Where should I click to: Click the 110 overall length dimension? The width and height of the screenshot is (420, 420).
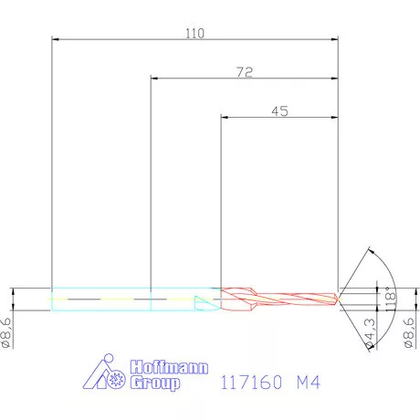194,33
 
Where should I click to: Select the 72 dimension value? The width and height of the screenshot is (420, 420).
244,71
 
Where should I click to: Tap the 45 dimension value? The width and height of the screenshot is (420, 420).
280,110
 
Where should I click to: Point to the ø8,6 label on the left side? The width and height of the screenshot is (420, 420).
7,331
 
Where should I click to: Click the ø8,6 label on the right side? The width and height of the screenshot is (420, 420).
409,331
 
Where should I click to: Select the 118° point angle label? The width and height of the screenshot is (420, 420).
390,298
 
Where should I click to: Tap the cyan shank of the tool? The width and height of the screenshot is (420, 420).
128,299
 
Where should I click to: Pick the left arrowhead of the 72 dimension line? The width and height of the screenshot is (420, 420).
153,79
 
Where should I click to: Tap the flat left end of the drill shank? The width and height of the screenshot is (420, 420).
52,299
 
